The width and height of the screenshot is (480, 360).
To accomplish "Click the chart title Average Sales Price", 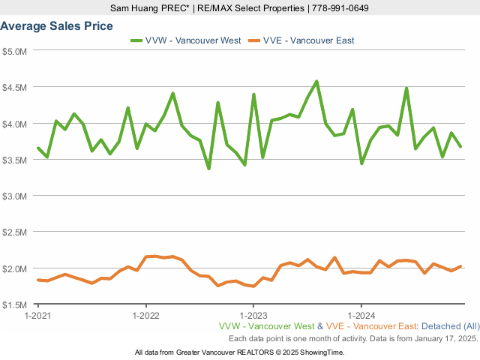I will [57, 25].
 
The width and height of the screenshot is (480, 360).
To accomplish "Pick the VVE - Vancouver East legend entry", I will [303, 40].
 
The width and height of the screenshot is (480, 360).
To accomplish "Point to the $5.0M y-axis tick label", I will [14, 51].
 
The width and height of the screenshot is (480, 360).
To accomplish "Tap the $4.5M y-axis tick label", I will [14, 87].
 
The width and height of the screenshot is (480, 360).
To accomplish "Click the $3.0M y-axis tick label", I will [14, 196].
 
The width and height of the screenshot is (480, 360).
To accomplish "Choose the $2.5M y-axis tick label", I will [14, 232].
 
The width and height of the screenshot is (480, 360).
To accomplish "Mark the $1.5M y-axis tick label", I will [14, 304].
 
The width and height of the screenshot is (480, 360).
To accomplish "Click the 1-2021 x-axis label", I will [37, 316].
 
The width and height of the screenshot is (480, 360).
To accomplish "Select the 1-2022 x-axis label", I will [145, 316].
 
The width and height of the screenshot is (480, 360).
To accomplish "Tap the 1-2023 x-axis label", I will [253, 316].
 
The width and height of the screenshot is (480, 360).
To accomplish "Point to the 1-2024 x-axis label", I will [361, 316].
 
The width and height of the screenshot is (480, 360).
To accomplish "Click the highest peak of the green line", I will [316, 81].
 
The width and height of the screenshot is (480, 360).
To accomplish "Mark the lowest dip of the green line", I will [209, 169].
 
